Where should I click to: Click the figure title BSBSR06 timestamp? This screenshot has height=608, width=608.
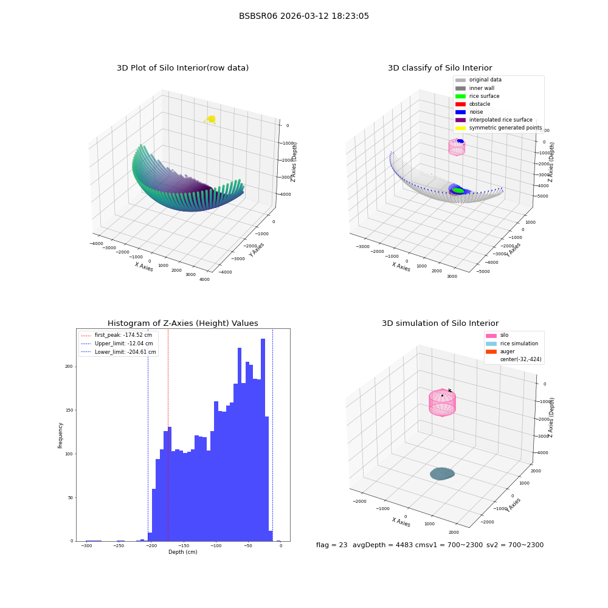tap(303, 16)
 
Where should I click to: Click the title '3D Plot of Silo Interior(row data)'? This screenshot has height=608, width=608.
tap(182, 68)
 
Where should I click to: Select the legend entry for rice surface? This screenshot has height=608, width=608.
tap(477, 96)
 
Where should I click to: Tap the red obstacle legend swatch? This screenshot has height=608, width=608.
tap(460, 105)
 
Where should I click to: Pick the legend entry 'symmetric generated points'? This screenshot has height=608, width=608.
tap(499, 128)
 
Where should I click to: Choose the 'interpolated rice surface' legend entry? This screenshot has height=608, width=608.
tap(494, 120)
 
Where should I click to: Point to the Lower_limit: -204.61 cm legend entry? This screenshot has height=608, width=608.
tap(119, 352)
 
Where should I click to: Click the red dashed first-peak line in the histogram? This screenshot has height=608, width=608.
tap(168, 435)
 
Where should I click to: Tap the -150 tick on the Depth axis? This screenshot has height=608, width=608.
tap(184, 545)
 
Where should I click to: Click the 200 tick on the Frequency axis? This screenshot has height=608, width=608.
tap(69, 367)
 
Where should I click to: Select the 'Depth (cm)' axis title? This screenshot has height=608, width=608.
tap(182, 552)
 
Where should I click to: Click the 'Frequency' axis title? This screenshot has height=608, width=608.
tap(60, 435)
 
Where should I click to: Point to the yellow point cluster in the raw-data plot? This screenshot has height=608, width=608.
tap(210, 119)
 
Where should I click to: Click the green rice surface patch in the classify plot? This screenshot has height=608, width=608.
tap(458, 190)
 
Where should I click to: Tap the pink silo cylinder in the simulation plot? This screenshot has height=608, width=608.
tap(442, 402)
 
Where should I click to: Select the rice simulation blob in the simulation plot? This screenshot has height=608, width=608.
tap(442, 474)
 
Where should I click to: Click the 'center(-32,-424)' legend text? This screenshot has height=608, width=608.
tap(521, 359)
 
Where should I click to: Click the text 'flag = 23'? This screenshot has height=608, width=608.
tap(331, 545)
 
